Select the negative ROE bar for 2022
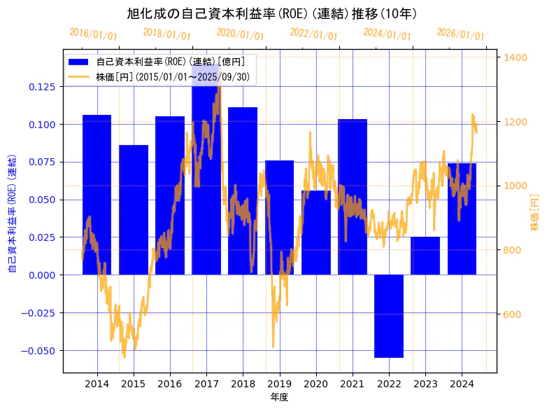click(x=389, y=316)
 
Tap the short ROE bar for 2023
click(x=425, y=256)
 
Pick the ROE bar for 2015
click(x=134, y=209)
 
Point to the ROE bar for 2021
click(x=353, y=197)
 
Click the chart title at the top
click(x=272, y=13)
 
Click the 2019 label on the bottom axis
click(x=280, y=384)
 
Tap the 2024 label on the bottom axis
click(x=462, y=384)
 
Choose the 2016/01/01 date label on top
click(x=93, y=34)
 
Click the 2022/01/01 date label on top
click(x=313, y=34)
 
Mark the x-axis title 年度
click(x=279, y=398)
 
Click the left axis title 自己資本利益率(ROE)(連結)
click(x=12, y=213)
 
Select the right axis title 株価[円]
click(x=534, y=213)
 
